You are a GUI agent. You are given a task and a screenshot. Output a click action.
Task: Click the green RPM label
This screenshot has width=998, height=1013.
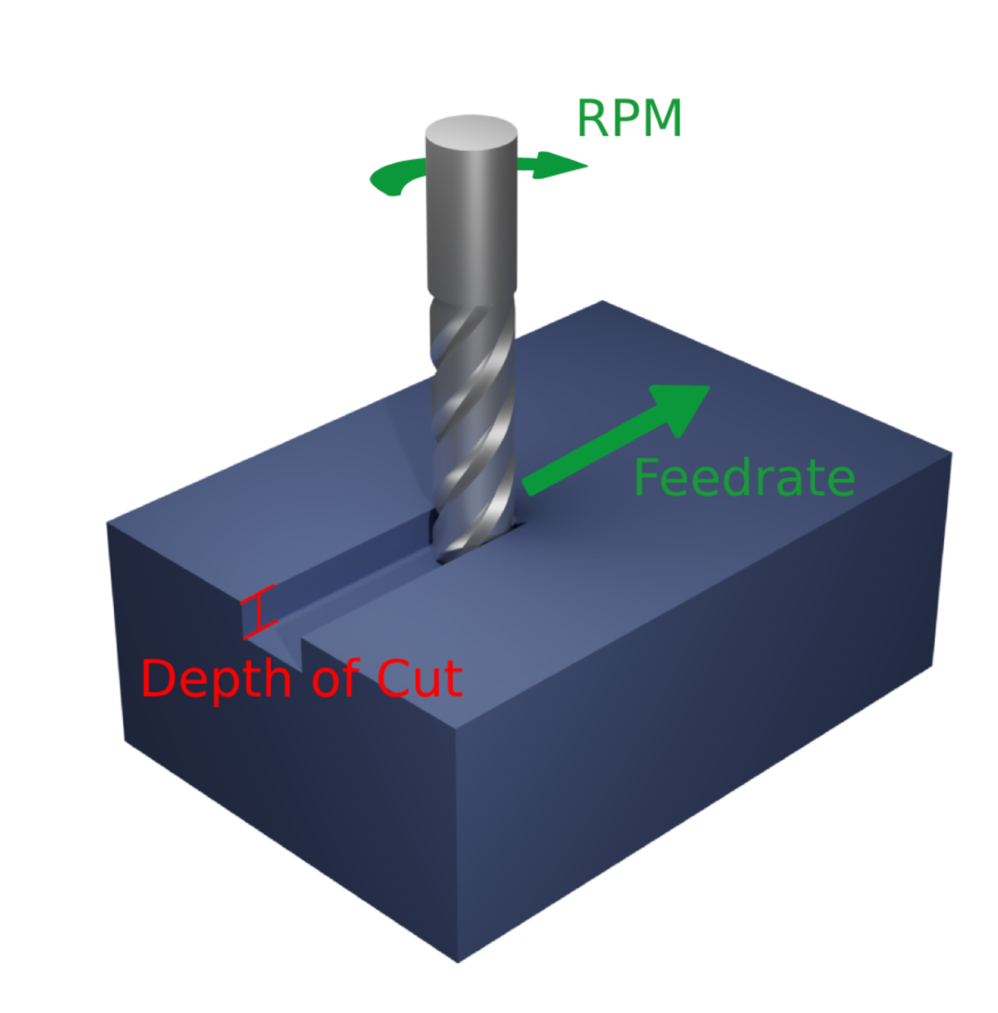629,119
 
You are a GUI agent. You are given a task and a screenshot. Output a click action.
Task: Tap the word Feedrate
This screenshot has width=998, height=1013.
744,479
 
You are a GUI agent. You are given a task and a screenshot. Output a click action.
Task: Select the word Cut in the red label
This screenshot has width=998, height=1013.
420,678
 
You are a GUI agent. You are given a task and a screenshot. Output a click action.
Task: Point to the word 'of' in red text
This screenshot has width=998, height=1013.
336,678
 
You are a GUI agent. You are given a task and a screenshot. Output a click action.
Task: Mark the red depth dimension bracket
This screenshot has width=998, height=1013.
259,613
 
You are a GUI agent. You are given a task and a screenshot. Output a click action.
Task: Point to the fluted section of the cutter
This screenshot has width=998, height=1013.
472,416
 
